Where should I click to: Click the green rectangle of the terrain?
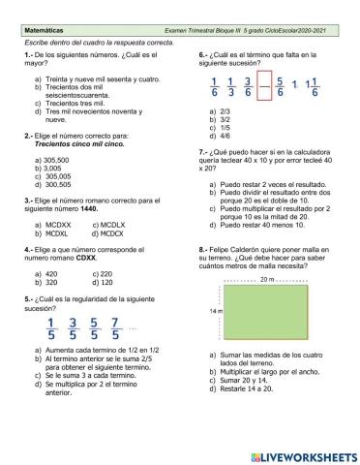[268, 313]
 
